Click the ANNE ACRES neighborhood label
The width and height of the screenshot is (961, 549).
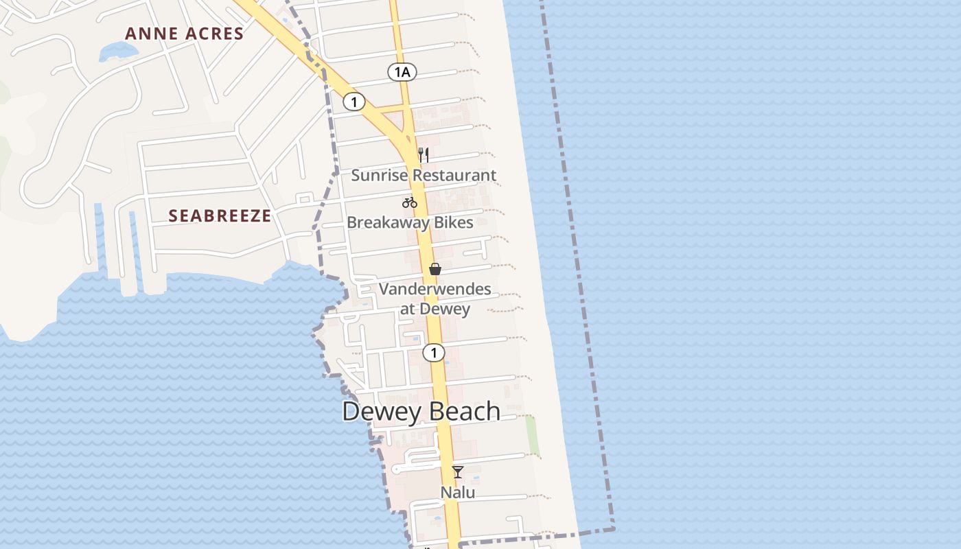point(184,34)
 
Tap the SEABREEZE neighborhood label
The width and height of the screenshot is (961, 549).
point(220,215)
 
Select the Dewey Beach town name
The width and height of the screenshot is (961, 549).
point(421,411)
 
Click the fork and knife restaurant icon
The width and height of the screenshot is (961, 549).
point(424,155)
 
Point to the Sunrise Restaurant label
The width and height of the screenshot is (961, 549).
point(424,175)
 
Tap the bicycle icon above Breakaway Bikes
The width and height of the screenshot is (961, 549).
point(410,202)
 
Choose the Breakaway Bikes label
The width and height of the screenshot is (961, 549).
point(410,222)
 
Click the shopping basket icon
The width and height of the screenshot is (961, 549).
point(435,269)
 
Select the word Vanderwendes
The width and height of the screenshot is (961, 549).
point(435,289)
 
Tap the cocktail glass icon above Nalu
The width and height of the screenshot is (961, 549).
point(458,472)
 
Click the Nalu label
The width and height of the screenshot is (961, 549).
point(458,492)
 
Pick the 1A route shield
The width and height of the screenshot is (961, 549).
point(402,71)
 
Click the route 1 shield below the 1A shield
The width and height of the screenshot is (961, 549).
point(354,102)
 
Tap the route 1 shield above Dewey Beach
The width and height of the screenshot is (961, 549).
point(433,353)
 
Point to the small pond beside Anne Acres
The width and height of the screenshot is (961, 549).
point(117,51)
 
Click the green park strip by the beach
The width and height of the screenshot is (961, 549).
point(533,436)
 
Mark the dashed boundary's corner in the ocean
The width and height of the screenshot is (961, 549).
point(613,529)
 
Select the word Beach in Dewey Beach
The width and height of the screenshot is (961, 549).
point(467,411)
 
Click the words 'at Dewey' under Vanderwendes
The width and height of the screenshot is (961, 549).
point(435,309)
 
